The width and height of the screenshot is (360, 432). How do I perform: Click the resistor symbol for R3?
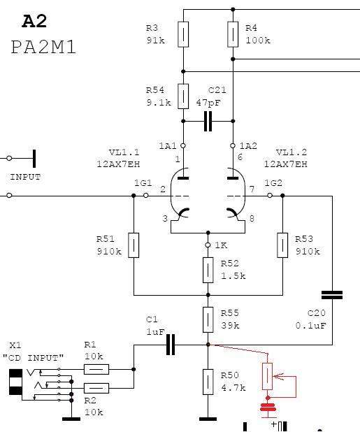(x=183, y=34)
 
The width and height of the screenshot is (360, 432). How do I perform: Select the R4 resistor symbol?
(x=233, y=34)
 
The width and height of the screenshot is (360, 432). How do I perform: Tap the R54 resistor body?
(x=183, y=96)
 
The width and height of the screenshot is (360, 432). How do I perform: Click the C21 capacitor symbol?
(x=208, y=121)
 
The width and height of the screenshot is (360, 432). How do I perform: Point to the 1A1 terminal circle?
(x=182, y=145)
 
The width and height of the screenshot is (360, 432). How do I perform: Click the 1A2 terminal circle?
(x=233, y=145)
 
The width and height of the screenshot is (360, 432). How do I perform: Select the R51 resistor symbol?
(x=134, y=245)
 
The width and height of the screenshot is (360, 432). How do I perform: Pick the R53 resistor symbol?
(x=282, y=245)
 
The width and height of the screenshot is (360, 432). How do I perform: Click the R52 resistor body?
(x=208, y=270)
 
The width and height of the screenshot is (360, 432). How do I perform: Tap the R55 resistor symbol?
(x=208, y=319)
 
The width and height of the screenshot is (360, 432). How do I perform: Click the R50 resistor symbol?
(x=208, y=382)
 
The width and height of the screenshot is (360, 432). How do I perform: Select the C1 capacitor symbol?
(x=171, y=345)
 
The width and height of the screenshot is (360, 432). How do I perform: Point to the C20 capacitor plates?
(x=332, y=295)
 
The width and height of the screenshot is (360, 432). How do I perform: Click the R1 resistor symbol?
(x=96, y=369)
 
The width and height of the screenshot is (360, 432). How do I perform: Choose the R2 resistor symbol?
(x=96, y=388)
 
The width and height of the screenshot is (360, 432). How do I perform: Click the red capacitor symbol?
(x=268, y=408)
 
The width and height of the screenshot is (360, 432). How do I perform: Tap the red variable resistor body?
(x=267, y=376)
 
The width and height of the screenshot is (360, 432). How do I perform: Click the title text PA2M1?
(x=43, y=47)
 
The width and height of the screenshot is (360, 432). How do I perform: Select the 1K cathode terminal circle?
(x=208, y=245)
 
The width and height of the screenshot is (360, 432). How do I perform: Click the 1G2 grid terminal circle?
(x=270, y=195)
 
